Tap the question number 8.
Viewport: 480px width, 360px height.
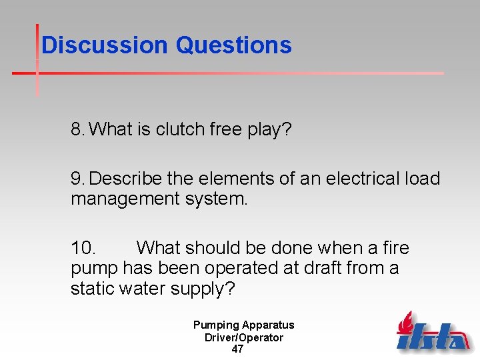(77, 129)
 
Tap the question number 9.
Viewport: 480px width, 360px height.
(77, 179)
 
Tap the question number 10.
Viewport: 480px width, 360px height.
(84, 248)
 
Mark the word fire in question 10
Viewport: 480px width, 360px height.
(396, 248)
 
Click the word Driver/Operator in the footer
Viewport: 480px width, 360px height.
(243, 337)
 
